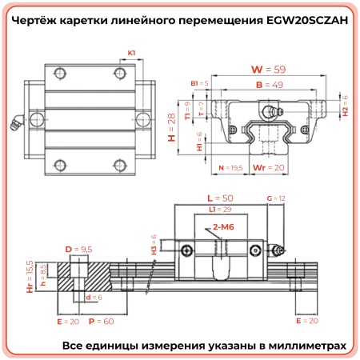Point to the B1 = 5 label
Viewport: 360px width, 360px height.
pos(199,83)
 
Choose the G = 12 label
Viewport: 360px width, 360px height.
pos(275,198)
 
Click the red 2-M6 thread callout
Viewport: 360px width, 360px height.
pos(224,228)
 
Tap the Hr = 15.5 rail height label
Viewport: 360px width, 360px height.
pos(30,276)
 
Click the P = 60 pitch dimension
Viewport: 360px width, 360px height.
pos(102,320)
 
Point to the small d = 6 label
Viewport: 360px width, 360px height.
pos(94,297)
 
